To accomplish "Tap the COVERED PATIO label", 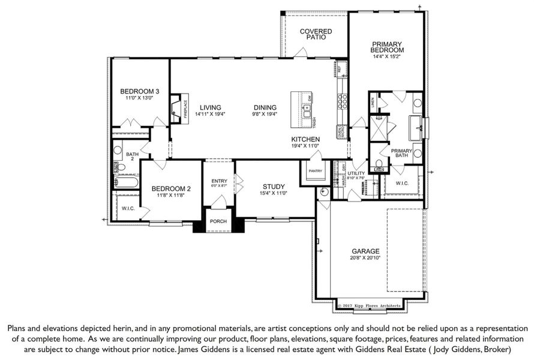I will click(316, 34).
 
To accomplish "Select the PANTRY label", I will click(316, 171).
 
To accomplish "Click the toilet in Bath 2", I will click(120, 167).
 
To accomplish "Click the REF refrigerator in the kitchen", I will click(340, 68).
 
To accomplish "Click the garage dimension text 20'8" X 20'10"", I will click(365, 257).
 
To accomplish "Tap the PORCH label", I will click(218, 221).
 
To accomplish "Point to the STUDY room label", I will click(273, 187).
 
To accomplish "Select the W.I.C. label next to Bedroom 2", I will click(127, 209).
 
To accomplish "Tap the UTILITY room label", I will click(356, 173).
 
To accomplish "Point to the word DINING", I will click(265, 107).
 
